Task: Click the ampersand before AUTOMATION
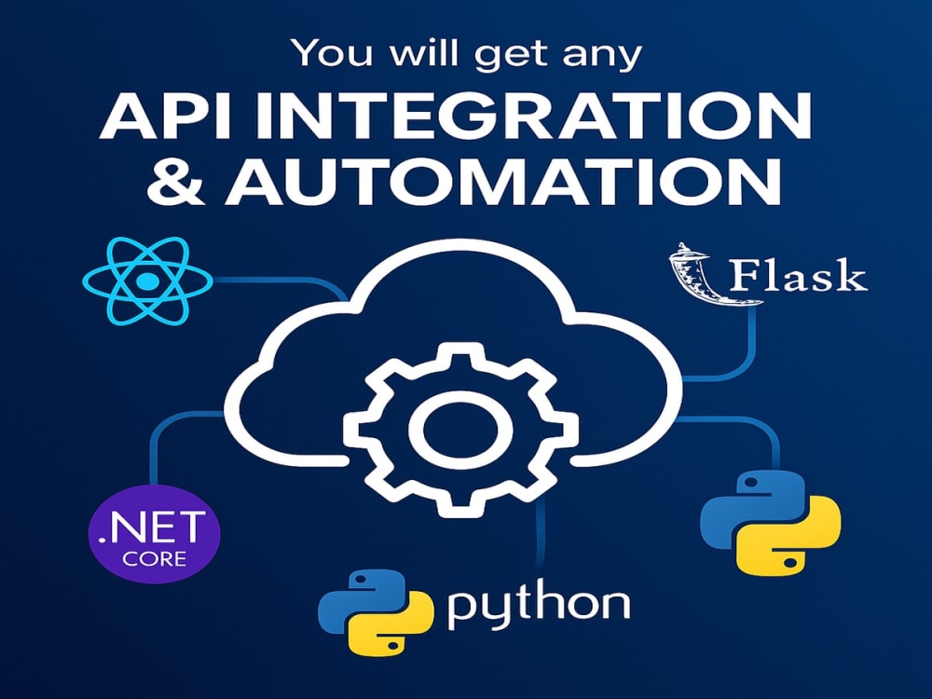tap(176, 182)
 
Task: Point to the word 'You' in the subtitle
tap(333, 52)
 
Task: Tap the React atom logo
tap(147, 281)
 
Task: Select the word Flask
tap(797, 276)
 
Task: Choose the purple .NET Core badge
tap(154, 533)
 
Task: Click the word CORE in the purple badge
tap(155, 558)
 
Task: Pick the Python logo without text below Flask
tap(771, 523)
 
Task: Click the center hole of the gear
tap(460, 429)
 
